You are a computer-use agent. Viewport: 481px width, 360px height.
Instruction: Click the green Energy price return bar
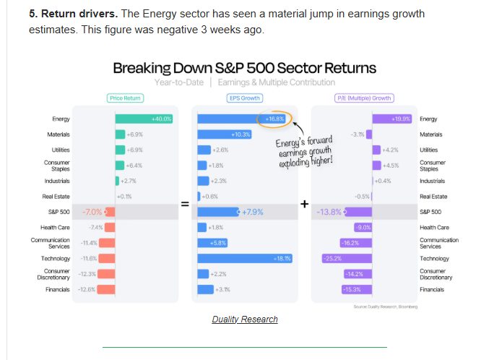point(144,119)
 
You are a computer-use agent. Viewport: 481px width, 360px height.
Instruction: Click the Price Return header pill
point(125,98)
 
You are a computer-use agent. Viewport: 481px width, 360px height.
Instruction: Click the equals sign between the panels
point(184,205)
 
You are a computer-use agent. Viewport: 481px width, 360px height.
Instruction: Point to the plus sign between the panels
point(304,205)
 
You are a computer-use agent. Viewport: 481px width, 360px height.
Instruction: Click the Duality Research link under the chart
point(245,320)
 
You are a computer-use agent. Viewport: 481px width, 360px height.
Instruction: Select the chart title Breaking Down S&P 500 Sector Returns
point(244,68)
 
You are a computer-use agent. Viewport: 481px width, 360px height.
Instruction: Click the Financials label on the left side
point(56,290)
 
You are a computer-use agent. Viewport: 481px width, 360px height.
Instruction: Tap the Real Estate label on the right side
point(433,197)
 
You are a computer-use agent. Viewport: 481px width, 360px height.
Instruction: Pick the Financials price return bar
point(106,290)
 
